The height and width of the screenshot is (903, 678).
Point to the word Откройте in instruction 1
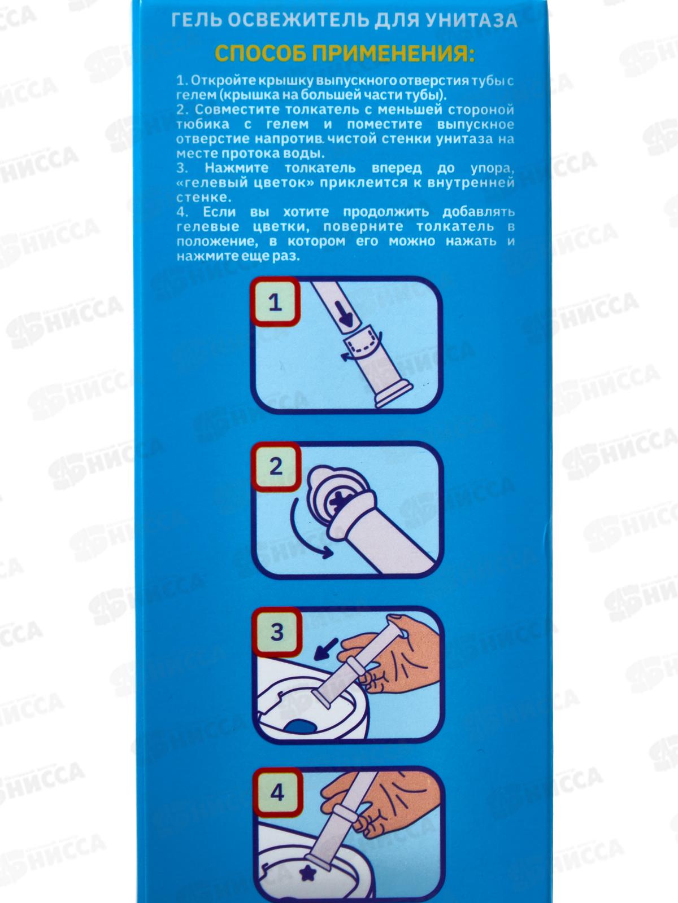pos(214,81)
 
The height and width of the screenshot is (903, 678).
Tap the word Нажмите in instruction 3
pos(236,168)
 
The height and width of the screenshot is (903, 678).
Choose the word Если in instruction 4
pos(219,212)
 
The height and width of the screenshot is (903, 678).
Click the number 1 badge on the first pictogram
pos(275,303)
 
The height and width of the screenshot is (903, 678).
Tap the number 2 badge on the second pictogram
pos(276,467)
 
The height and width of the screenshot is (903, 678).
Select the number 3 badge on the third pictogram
pos(277,632)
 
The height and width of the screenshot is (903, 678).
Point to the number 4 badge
pos(278,793)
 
